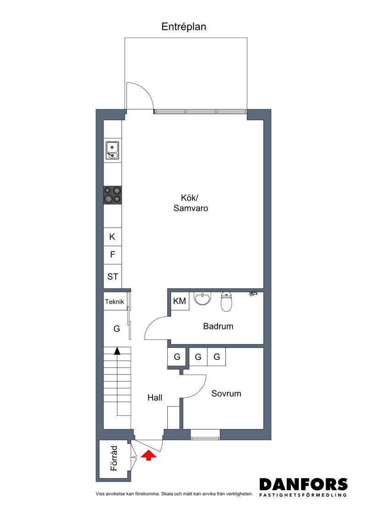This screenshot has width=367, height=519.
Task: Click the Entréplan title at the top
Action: tap(183, 27)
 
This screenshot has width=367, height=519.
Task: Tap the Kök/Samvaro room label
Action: tap(190, 203)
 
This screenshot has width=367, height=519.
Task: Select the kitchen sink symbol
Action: tap(112, 151)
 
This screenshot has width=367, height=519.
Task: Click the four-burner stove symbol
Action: tap(112, 195)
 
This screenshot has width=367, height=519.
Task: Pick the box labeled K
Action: tap(112, 237)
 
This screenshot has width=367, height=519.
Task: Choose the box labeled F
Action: tap(112, 255)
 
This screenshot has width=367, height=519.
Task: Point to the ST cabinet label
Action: tap(112, 276)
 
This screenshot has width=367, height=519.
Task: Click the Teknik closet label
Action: tap(115, 301)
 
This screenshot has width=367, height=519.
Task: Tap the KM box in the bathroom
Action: tap(180, 301)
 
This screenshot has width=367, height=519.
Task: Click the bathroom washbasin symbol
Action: tap(202, 299)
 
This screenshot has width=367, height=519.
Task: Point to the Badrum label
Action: tap(218, 326)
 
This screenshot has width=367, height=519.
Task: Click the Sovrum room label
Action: tap(226, 394)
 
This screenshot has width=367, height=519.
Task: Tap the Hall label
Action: tap(155, 397)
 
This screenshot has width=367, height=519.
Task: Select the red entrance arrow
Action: tap(148, 455)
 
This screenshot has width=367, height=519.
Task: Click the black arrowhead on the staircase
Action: tap(117, 351)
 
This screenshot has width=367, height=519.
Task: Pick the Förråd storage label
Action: tap(114, 458)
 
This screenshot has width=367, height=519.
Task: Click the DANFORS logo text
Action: tap(303, 484)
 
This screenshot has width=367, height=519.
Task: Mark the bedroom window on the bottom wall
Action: tap(205, 435)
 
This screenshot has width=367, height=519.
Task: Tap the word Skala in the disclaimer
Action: tap(168, 494)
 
